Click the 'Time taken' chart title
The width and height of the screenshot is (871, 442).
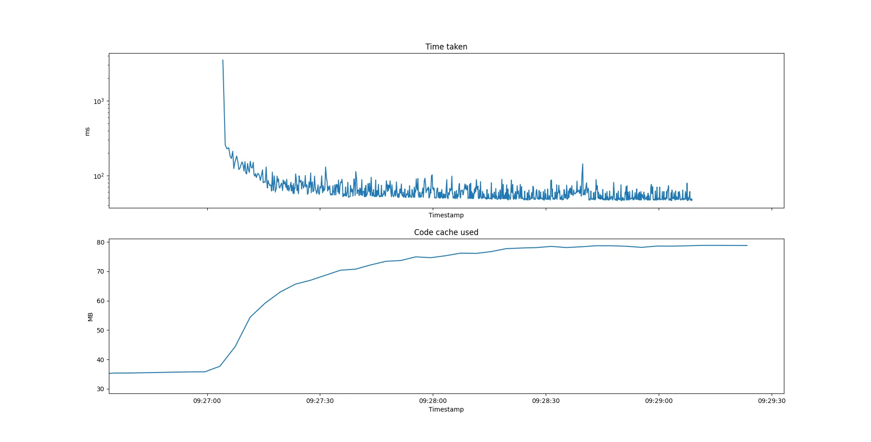coord(446,47)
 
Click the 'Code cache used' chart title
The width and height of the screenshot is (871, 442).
coord(446,232)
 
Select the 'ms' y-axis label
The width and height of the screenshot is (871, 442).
coord(88,131)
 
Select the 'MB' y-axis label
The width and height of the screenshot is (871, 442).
coord(90,317)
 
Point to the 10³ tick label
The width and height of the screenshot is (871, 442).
coord(98,102)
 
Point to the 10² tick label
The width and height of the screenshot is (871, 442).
coord(98,177)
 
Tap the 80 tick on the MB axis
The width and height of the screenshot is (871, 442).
coord(100,242)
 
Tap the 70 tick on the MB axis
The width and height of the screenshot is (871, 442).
coord(100,271)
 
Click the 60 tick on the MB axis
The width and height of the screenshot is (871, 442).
coord(100,301)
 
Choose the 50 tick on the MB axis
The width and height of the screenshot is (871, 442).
coord(100,330)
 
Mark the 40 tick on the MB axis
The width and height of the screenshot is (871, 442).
coord(100,360)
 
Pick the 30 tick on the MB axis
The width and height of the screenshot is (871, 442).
coord(100,389)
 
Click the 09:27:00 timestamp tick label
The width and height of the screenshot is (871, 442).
coord(207,401)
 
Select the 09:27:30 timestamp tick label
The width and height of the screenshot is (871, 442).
coord(320,401)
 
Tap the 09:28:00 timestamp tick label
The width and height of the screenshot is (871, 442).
coord(433,401)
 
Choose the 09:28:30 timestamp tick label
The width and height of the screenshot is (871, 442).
coord(546,401)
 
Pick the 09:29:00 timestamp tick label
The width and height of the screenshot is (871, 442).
coord(659,401)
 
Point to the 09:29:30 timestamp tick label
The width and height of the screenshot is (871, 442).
coord(772,401)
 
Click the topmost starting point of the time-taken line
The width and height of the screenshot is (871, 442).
coord(223,60)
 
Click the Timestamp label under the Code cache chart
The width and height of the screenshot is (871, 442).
coord(446,409)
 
